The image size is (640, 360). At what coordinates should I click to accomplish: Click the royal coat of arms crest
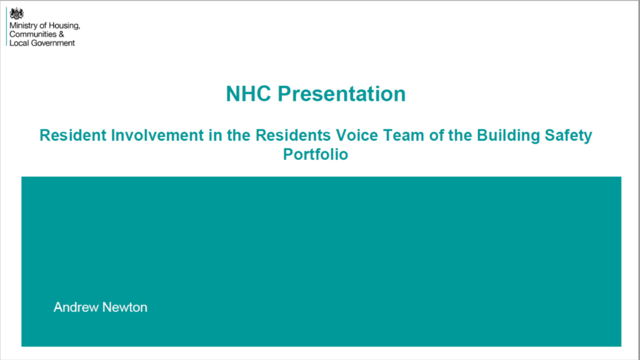(16, 14)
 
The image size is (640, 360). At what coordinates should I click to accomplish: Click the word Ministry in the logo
(23, 25)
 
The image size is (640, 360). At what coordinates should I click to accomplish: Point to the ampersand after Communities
(62, 34)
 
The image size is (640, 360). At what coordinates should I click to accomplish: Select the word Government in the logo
(53, 43)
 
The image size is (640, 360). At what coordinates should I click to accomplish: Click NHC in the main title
(248, 94)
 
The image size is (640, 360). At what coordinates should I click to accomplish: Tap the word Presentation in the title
(342, 94)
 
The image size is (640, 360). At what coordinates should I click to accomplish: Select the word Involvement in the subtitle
(157, 136)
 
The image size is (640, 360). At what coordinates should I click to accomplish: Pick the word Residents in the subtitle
(293, 136)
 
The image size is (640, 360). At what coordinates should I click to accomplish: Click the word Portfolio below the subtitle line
(316, 154)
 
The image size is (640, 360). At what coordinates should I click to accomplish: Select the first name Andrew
(76, 307)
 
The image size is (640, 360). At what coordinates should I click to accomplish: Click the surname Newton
(124, 307)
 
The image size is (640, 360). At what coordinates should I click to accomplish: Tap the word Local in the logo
(19, 43)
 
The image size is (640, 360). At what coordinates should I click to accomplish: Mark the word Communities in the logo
(33, 34)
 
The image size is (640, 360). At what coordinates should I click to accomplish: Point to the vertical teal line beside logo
(7, 27)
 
